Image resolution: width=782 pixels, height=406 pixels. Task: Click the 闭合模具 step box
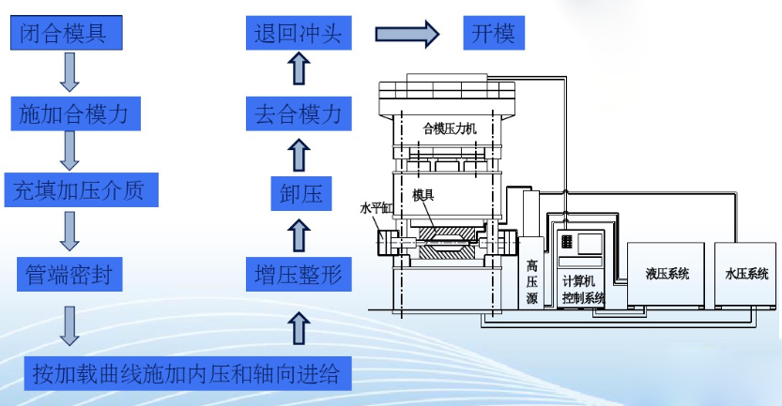pyautogui.click(x=68, y=35)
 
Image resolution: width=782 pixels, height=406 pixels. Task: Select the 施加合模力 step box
pyautogui.click(x=79, y=114)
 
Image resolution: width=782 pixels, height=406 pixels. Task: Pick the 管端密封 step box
pyautogui.click(x=69, y=274)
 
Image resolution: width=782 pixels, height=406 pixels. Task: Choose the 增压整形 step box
pyautogui.click(x=297, y=274)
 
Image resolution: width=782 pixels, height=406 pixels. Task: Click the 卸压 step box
pyautogui.click(x=297, y=194)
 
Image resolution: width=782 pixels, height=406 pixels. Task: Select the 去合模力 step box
pyautogui.click(x=298, y=114)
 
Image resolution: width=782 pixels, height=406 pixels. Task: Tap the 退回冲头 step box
pyautogui.click(x=298, y=35)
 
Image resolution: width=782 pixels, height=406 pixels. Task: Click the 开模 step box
pyautogui.click(x=494, y=35)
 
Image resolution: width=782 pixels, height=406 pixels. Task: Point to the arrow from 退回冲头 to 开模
pyautogui.click(x=407, y=35)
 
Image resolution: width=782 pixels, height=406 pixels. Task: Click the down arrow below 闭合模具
pyautogui.click(x=69, y=72)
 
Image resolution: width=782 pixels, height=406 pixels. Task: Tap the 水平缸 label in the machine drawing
pyautogui.click(x=375, y=209)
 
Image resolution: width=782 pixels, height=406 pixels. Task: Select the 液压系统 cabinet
pyautogui.click(x=667, y=275)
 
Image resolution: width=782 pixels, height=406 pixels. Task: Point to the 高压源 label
pyautogui.click(x=532, y=281)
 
